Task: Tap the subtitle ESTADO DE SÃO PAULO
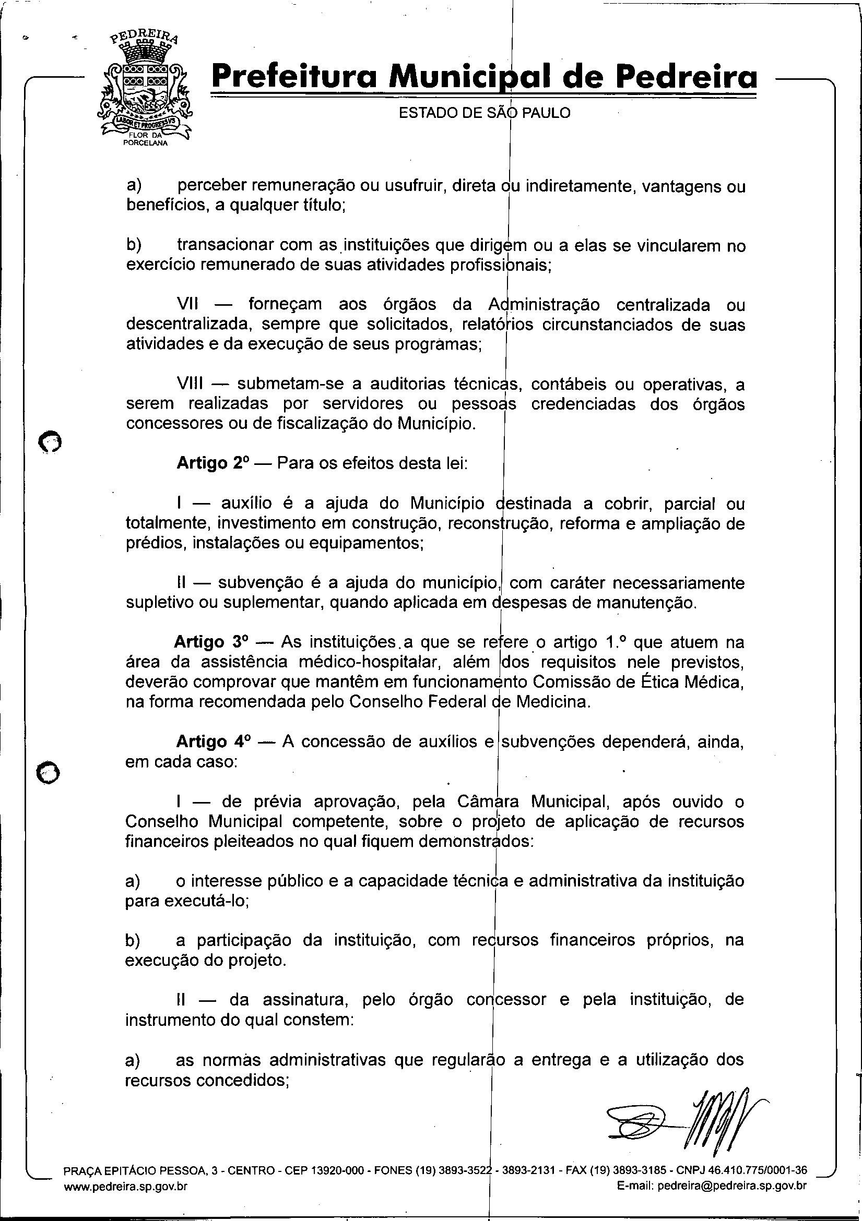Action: pos(484,113)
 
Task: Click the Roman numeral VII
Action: pos(187,304)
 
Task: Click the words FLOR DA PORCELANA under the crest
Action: pos(145,139)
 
